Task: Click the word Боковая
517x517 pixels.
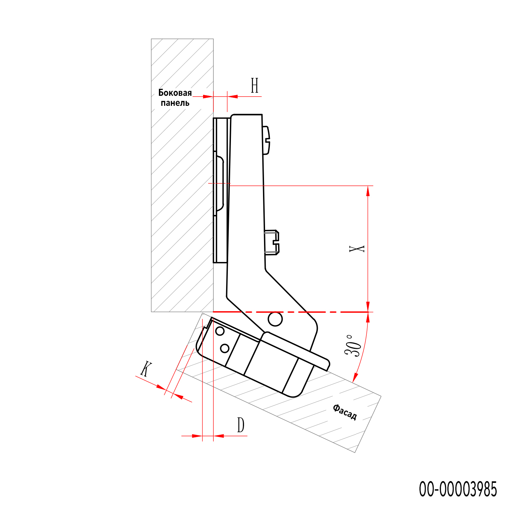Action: pyautogui.click(x=175, y=93)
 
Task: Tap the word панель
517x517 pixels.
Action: pyautogui.click(x=175, y=103)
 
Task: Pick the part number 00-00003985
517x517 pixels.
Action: pyautogui.click(x=458, y=489)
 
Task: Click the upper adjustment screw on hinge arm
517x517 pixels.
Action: pyautogui.click(x=266, y=140)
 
